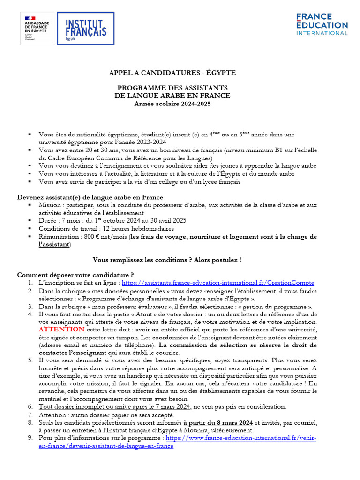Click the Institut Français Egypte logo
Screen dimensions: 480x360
[85, 29]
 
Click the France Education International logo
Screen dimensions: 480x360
[322, 24]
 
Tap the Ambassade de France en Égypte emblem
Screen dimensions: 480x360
[37, 29]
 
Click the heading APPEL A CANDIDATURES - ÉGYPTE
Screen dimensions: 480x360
[173, 73]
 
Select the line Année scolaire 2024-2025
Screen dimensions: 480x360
[173, 104]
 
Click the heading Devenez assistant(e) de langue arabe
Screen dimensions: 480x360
[90, 197]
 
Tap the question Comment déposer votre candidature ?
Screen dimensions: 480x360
[75, 275]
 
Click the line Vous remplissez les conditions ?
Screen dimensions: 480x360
[167, 259]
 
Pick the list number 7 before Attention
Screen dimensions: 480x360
[30, 414]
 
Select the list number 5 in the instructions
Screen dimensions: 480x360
[30, 360]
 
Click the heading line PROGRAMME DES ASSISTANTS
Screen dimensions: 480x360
[173, 88]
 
